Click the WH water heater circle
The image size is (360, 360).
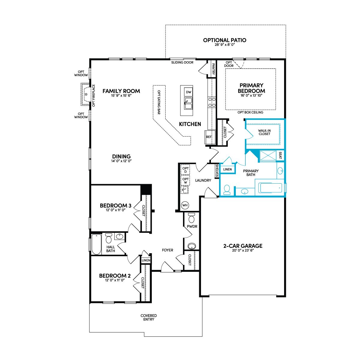point(185,205)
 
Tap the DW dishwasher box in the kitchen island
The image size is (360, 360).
point(188,92)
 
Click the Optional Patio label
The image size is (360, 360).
point(225,40)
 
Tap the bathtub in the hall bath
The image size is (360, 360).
point(96,244)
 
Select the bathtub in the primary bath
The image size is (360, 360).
point(270,188)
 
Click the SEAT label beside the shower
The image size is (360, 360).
point(280,155)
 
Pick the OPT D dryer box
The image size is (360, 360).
point(185,170)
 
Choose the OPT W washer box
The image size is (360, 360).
point(185,181)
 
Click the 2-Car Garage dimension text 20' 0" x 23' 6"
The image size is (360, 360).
point(243,250)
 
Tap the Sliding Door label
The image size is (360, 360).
point(182,62)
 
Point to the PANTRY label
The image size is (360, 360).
point(213,69)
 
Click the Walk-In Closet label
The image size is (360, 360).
point(264,132)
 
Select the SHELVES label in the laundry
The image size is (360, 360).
point(217,170)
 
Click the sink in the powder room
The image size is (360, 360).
point(192,246)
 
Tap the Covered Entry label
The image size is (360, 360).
point(149,317)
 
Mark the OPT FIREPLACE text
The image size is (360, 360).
point(94,95)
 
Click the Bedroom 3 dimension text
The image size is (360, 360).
point(115,210)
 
